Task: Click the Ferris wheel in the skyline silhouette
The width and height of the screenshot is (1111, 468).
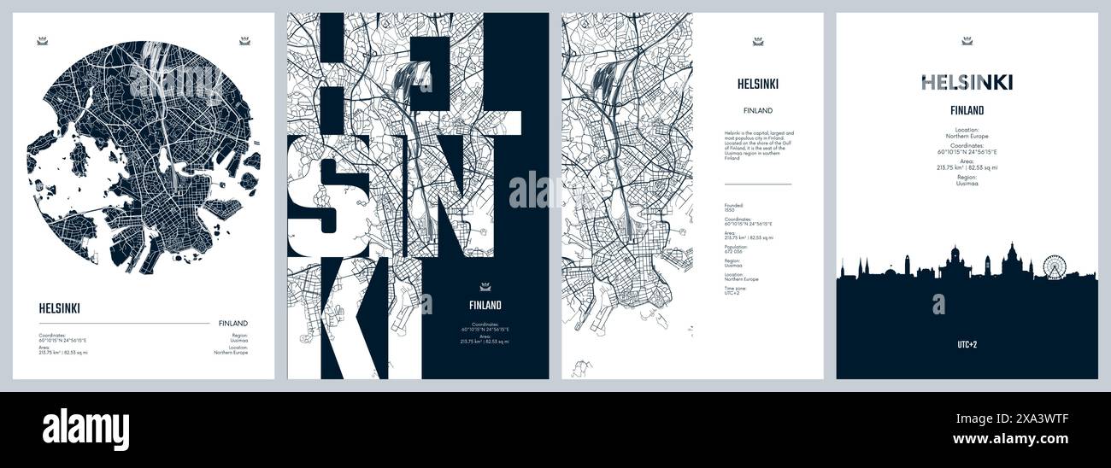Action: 1055,267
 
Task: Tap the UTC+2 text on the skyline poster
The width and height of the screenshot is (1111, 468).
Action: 967,345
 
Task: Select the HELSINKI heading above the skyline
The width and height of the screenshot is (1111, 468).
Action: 967,82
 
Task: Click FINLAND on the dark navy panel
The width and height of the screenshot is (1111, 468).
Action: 485,305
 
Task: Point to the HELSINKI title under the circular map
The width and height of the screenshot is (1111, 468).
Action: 59,308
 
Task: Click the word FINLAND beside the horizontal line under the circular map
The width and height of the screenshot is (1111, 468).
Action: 232,323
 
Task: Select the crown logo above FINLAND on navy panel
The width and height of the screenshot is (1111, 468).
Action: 485,286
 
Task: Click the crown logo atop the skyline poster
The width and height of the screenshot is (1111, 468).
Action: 967,40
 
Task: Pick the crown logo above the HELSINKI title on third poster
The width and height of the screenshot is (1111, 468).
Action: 757,40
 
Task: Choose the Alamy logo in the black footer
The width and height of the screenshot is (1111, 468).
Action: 85,429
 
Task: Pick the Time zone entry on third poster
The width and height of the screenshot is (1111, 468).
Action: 736,290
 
